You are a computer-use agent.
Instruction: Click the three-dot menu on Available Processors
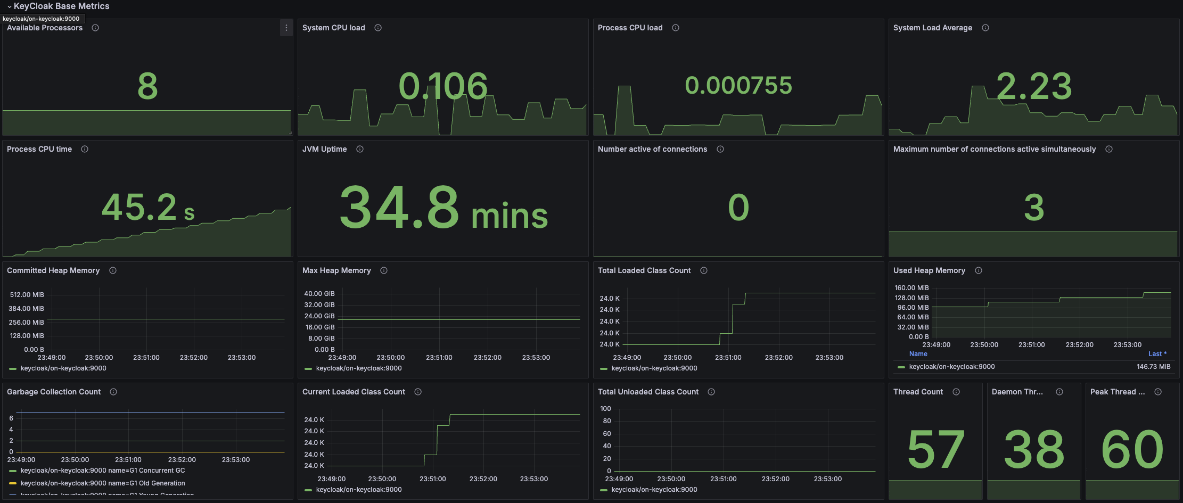[x=286, y=28]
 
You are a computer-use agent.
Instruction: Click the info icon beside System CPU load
[x=378, y=28]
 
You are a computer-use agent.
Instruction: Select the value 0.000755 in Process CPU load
[x=738, y=85]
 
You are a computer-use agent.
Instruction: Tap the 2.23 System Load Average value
[x=1033, y=86]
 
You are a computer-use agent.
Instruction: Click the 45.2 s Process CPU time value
[x=147, y=207]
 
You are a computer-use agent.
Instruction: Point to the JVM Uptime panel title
[x=324, y=149]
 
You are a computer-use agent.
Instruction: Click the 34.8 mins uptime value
[x=443, y=208]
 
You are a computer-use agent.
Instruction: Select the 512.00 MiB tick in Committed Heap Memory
[x=27, y=294]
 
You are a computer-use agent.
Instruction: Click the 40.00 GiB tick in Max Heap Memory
[x=319, y=293]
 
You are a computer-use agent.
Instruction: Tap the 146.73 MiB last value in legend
[x=1153, y=367]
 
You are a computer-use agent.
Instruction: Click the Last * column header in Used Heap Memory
[x=1157, y=354]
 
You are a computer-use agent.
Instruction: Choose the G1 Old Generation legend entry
[x=103, y=483]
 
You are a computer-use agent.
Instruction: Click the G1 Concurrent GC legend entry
[x=103, y=471]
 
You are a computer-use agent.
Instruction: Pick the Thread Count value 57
[x=935, y=450]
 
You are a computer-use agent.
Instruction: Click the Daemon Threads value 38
[x=1034, y=450]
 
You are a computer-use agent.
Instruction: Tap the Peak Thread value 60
[x=1132, y=450]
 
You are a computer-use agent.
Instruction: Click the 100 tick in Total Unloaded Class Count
[x=605, y=409]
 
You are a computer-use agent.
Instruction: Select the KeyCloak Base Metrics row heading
[x=61, y=6]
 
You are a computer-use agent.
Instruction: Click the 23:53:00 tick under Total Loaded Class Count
[x=829, y=358]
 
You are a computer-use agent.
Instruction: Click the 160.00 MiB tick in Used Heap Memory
[x=911, y=288]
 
